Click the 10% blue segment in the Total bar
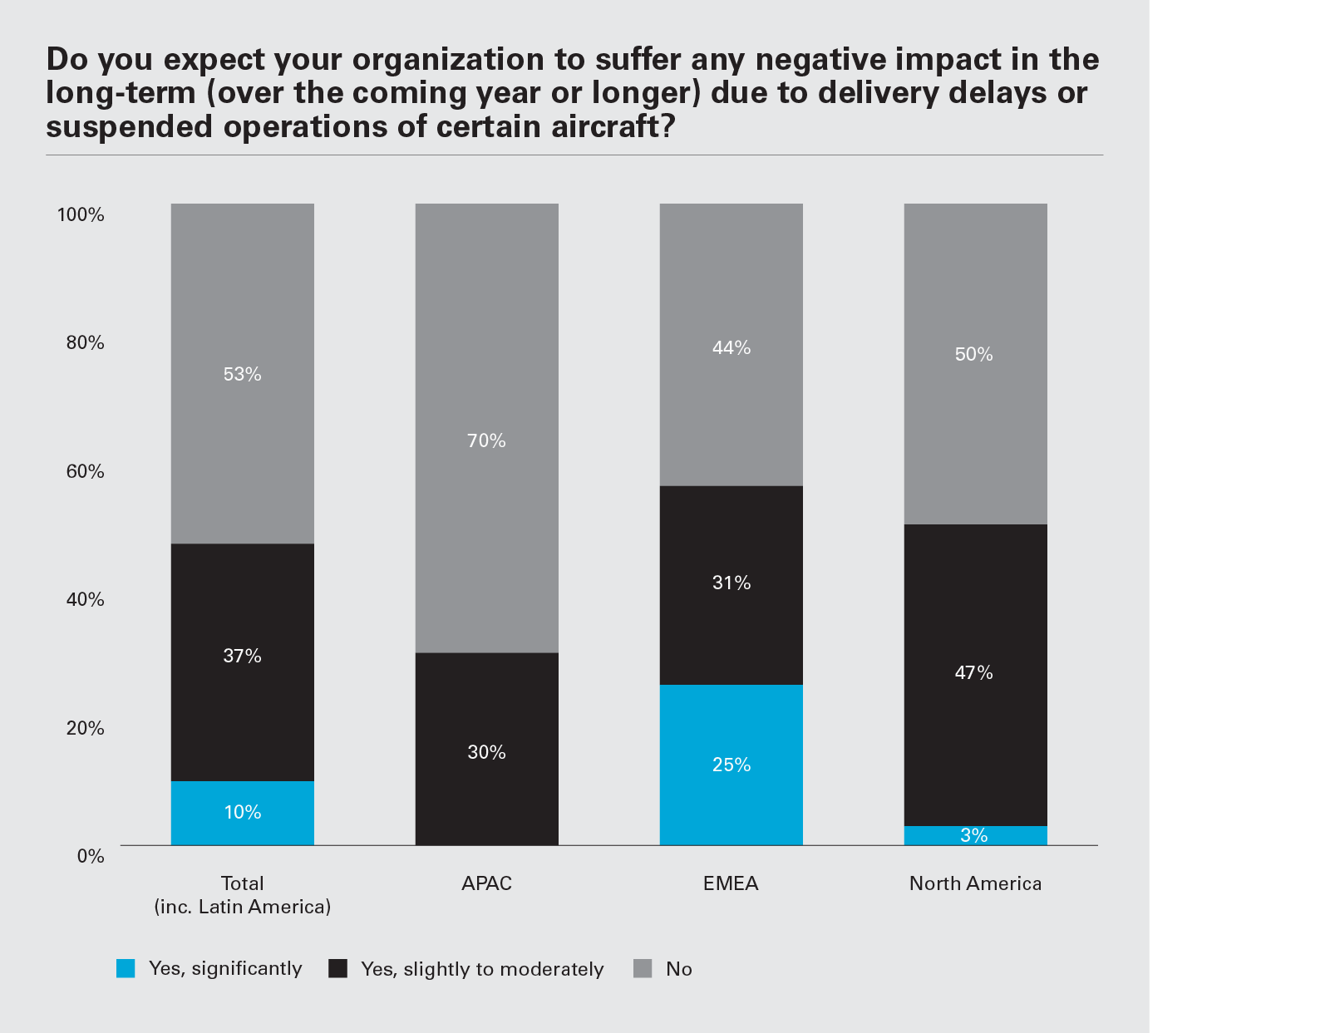point(242,813)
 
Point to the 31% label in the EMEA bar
point(731,583)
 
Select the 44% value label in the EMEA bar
point(731,348)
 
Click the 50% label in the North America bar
point(974,355)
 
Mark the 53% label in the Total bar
point(242,375)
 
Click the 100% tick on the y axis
point(81,215)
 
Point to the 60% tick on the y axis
point(85,472)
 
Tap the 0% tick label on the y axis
point(90,857)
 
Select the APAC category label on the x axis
point(486,883)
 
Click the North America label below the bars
point(975,883)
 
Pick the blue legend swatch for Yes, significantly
point(126,969)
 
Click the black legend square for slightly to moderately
point(337,969)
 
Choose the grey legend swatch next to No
point(643,969)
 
